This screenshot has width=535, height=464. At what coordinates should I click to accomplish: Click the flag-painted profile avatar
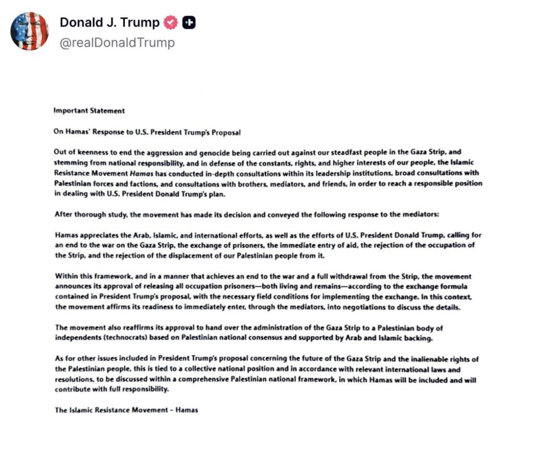[x=29, y=31]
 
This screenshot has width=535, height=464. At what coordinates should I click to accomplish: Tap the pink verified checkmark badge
[x=171, y=23]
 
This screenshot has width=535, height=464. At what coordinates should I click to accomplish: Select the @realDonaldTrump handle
[x=117, y=42]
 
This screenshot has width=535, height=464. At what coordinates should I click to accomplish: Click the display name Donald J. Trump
[x=109, y=23]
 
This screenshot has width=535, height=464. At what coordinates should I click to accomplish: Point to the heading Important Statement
[x=89, y=111]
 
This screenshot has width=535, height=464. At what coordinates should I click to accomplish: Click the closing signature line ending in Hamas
[x=125, y=410]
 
